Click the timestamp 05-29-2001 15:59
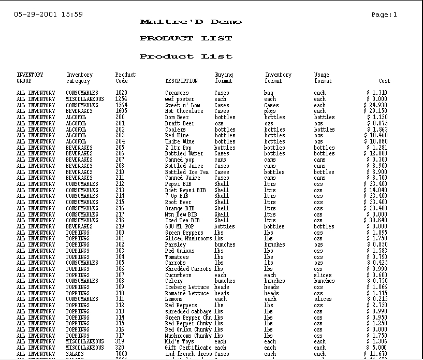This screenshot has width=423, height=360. click(x=48, y=15)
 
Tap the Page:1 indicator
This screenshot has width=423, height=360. click(x=384, y=15)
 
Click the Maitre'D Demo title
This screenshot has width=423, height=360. click(x=191, y=22)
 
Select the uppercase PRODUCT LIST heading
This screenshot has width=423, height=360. click(x=186, y=38)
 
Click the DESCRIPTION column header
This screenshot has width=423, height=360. click(x=181, y=81)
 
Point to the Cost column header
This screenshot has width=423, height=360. click(x=385, y=81)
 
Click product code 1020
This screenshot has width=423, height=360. click(x=121, y=93)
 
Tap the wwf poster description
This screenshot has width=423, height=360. click(x=179, y=99)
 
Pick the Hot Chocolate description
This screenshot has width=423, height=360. click(x=184, y=111)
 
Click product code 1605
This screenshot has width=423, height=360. click(x=121, y=111)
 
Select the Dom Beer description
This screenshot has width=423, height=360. click(x=177, y=117)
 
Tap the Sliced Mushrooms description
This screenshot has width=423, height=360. click(x=188, y=238)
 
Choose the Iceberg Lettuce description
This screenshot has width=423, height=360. click(x=187, y=287)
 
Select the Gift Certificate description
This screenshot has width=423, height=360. click(x=188, y=348)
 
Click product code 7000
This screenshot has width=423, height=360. click(x=121, y=354)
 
